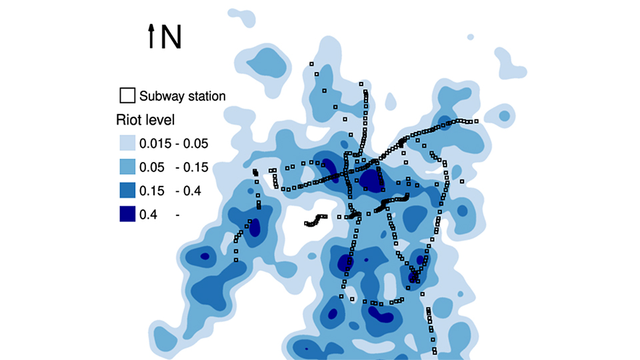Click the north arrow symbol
[152, 36]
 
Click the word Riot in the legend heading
[128, 121]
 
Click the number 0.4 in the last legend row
[147, 215]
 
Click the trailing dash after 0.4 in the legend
[178, 215]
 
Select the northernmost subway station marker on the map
[311, 64]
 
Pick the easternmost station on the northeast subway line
[476, 121]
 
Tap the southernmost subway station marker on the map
[435, 353]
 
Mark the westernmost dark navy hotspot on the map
[205, 255]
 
